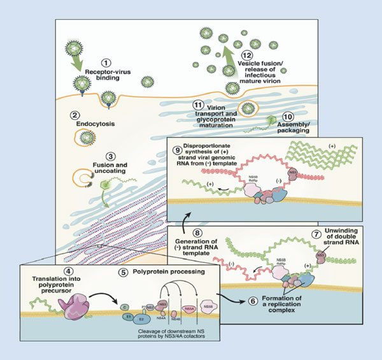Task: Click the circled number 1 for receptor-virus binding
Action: tap(106, 63)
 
